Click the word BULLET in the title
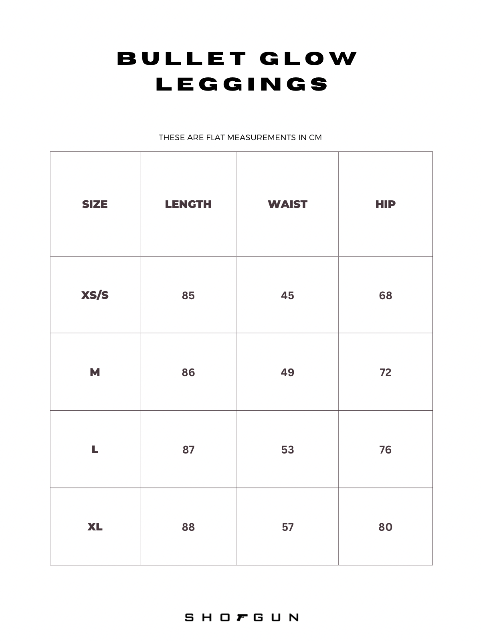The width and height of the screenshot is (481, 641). (x=181, y=58)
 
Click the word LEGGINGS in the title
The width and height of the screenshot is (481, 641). (x=242, y=84)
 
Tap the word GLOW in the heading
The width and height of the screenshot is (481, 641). (x=308, y=58)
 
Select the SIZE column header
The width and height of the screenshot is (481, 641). (x=95, y=204)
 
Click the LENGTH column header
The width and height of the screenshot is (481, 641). (x=188, y=204)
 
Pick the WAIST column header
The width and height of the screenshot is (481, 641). (x=287, y=204)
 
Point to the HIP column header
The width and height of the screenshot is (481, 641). (x=385, y=204)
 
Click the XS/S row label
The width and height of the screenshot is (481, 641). (x=95, y=295)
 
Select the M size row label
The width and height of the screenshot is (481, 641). (x=95, y=372)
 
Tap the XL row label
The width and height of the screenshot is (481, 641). (x=95, y=527)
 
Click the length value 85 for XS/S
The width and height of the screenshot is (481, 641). (x=188, y=296)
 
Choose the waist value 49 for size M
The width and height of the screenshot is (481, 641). (x=287, y=373)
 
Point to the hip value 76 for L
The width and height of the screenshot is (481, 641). (x=385, y=450)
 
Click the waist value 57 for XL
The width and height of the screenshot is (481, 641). (x=287, y=527)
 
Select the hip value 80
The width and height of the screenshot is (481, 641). (x=385, y=527)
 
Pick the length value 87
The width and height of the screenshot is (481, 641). (x=188, y=450)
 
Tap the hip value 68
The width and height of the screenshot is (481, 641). (x=385, y=296)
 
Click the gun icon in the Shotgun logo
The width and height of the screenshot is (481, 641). (x=242, y=617)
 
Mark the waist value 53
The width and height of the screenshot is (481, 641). (x=287, y=450)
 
